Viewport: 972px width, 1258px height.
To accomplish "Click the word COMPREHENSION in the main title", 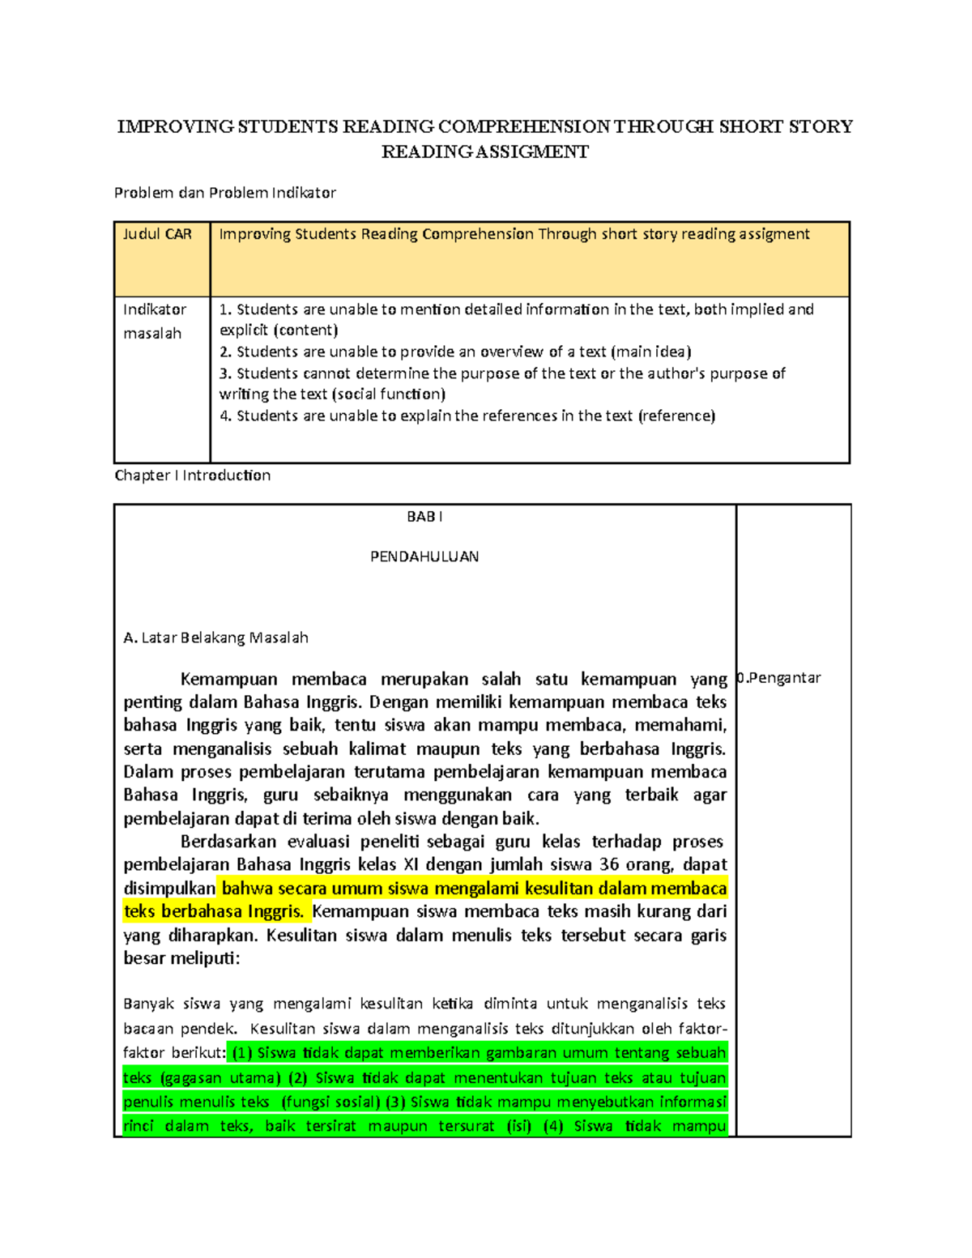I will (524, 126).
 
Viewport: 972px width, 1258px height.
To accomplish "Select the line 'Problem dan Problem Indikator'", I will (224, 193).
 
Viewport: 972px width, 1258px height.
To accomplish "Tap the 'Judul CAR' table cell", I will (157, 234).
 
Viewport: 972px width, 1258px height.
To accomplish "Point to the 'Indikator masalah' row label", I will (155, 321).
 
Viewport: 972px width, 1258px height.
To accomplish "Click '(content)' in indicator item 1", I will (305, 330).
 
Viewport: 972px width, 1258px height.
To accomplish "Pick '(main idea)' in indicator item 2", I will (650, 352).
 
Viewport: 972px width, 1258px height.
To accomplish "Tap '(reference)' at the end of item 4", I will (676, 416).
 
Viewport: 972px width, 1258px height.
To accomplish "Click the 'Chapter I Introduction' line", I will (193, 475).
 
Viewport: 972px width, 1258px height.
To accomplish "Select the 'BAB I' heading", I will (424, 517).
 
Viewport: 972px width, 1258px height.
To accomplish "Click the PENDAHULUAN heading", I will (424, 557).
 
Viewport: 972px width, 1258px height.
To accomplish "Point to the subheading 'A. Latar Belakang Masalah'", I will (215, 638).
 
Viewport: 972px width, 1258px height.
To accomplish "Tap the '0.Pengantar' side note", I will (778, 678).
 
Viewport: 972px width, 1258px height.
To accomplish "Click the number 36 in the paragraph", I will (609, 864).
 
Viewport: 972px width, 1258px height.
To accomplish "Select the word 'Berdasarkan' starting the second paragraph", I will (228, 842).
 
